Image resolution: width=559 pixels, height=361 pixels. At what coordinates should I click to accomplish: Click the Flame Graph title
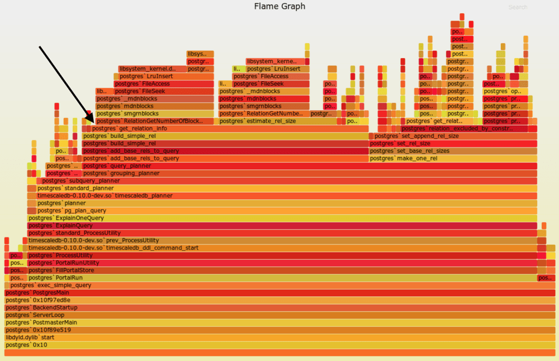coord(279,7)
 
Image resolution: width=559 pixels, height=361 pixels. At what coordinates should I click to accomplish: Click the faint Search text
coord(518,7)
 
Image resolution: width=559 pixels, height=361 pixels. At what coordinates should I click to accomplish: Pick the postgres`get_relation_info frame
coord(224,129)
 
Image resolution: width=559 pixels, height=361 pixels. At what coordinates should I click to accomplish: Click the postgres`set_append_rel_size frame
coord(453,136)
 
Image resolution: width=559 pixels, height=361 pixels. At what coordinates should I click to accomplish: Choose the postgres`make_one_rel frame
coord(453,158)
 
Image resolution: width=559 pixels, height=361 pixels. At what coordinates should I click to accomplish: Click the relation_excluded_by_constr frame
coord(464,129)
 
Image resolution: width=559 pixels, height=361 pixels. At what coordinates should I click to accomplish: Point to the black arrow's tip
coord(93,115)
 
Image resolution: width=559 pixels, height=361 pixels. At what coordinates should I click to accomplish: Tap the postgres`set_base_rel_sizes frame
coord(453,151)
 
